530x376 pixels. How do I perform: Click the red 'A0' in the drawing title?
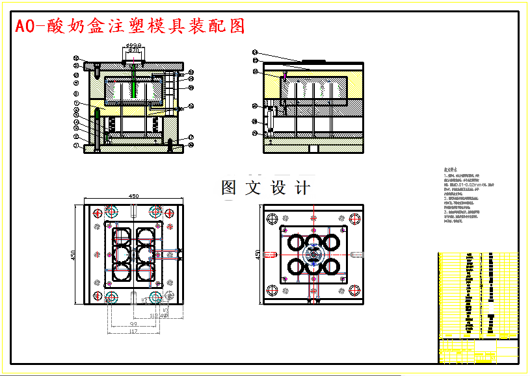24,27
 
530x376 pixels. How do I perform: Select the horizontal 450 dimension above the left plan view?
133,195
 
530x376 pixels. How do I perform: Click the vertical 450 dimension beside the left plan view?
73,253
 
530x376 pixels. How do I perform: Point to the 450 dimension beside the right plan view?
258,253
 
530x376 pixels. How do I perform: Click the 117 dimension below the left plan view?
133,331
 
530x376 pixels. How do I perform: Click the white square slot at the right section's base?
313,149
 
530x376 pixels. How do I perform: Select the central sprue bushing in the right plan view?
313,254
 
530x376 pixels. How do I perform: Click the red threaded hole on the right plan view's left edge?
267,253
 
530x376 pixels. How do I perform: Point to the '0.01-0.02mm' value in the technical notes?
466,185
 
